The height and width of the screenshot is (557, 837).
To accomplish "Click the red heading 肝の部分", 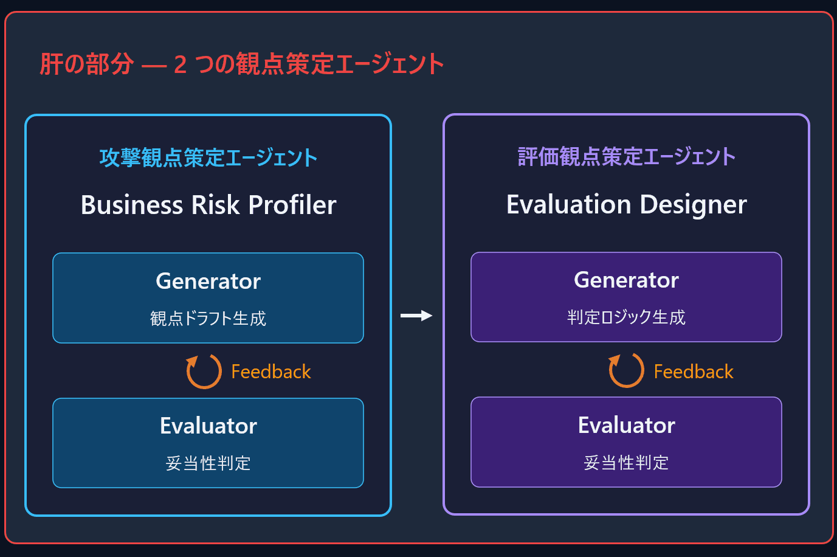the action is click(86, 64).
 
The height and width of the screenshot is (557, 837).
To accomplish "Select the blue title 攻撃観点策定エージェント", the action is click(208, 157).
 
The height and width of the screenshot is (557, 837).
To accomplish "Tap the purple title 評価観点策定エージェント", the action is click(627, 156).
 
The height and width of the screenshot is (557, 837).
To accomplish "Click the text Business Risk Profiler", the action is click(208, 205).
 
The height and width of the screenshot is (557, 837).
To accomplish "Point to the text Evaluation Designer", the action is click(627, 204).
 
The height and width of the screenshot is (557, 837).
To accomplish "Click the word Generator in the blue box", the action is click(208, 281).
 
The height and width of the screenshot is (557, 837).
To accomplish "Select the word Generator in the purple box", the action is click(626, 280).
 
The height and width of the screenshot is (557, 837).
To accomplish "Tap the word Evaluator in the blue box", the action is click(208, 426).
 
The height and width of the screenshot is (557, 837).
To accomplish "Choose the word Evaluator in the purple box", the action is click(626, 425).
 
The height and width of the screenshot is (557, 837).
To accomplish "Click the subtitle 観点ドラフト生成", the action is click(208, 319).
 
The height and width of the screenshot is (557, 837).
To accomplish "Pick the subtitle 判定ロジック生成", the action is click(626, 317).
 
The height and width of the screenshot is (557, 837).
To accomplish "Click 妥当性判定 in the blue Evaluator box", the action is click(208, 463).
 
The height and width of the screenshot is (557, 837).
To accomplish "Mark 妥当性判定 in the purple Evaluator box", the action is click(626, 463).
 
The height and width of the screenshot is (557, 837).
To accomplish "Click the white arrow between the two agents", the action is click(416, 316).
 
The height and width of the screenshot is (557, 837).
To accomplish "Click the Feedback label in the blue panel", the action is click(271, 372).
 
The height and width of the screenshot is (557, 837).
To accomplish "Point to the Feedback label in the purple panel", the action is click(694, 372).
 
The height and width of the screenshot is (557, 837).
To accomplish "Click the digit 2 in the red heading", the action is click(180, 64).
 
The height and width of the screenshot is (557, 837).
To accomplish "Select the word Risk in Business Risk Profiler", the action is click(215, 205).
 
